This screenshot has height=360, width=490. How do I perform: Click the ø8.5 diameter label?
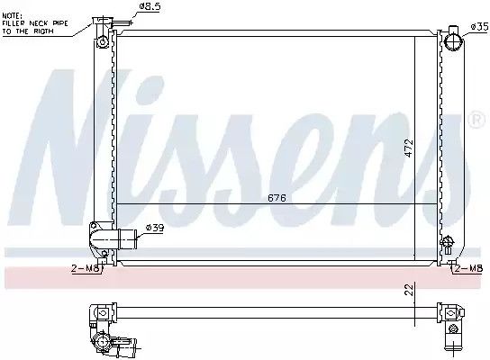150,7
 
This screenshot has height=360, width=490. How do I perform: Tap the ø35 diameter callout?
480,27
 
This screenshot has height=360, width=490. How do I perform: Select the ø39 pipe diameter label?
155,228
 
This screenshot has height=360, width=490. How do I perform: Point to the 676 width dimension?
277,198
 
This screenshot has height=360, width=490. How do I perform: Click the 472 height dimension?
409,148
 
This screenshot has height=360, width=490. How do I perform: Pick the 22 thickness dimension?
409,290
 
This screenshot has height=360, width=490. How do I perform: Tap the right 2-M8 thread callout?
468,268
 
